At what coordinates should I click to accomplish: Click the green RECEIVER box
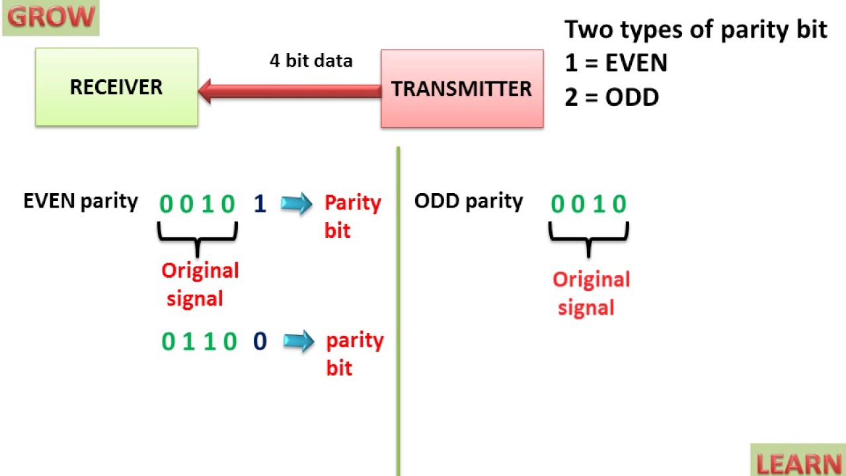click(x=116, y=87)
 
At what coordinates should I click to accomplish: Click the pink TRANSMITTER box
click(x=461, y=89)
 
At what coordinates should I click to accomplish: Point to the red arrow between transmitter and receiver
click(x=291, y=91)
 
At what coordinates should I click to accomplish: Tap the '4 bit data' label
click(x=311, y=61)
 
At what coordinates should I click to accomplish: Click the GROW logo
click(x=50, y=17)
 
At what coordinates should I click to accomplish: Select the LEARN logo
click(x=798, y=461)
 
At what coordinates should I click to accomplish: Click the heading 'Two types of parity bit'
click(x=695, y=30)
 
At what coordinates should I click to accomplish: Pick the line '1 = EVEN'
click(x=616, y=63)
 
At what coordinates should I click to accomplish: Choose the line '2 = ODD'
click(x=611, y=98)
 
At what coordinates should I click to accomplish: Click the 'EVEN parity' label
click(x=81, y=201)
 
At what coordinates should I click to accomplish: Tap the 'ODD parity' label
click(x=469, y=201)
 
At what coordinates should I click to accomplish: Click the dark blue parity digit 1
click(x=260, y=204)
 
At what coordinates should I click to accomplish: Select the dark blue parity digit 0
click(x=260, y=341)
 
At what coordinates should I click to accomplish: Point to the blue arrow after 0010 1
click(x=296, y=204)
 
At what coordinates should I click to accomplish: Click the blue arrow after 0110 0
click(x=298, y=341)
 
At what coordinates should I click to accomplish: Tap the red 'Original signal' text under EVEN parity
click(x=199, y=284)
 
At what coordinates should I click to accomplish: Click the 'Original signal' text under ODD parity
click(x=590, y=293)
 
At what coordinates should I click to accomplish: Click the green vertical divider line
click(x=399, y=311)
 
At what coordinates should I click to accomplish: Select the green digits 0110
click(x=199, y=341)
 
